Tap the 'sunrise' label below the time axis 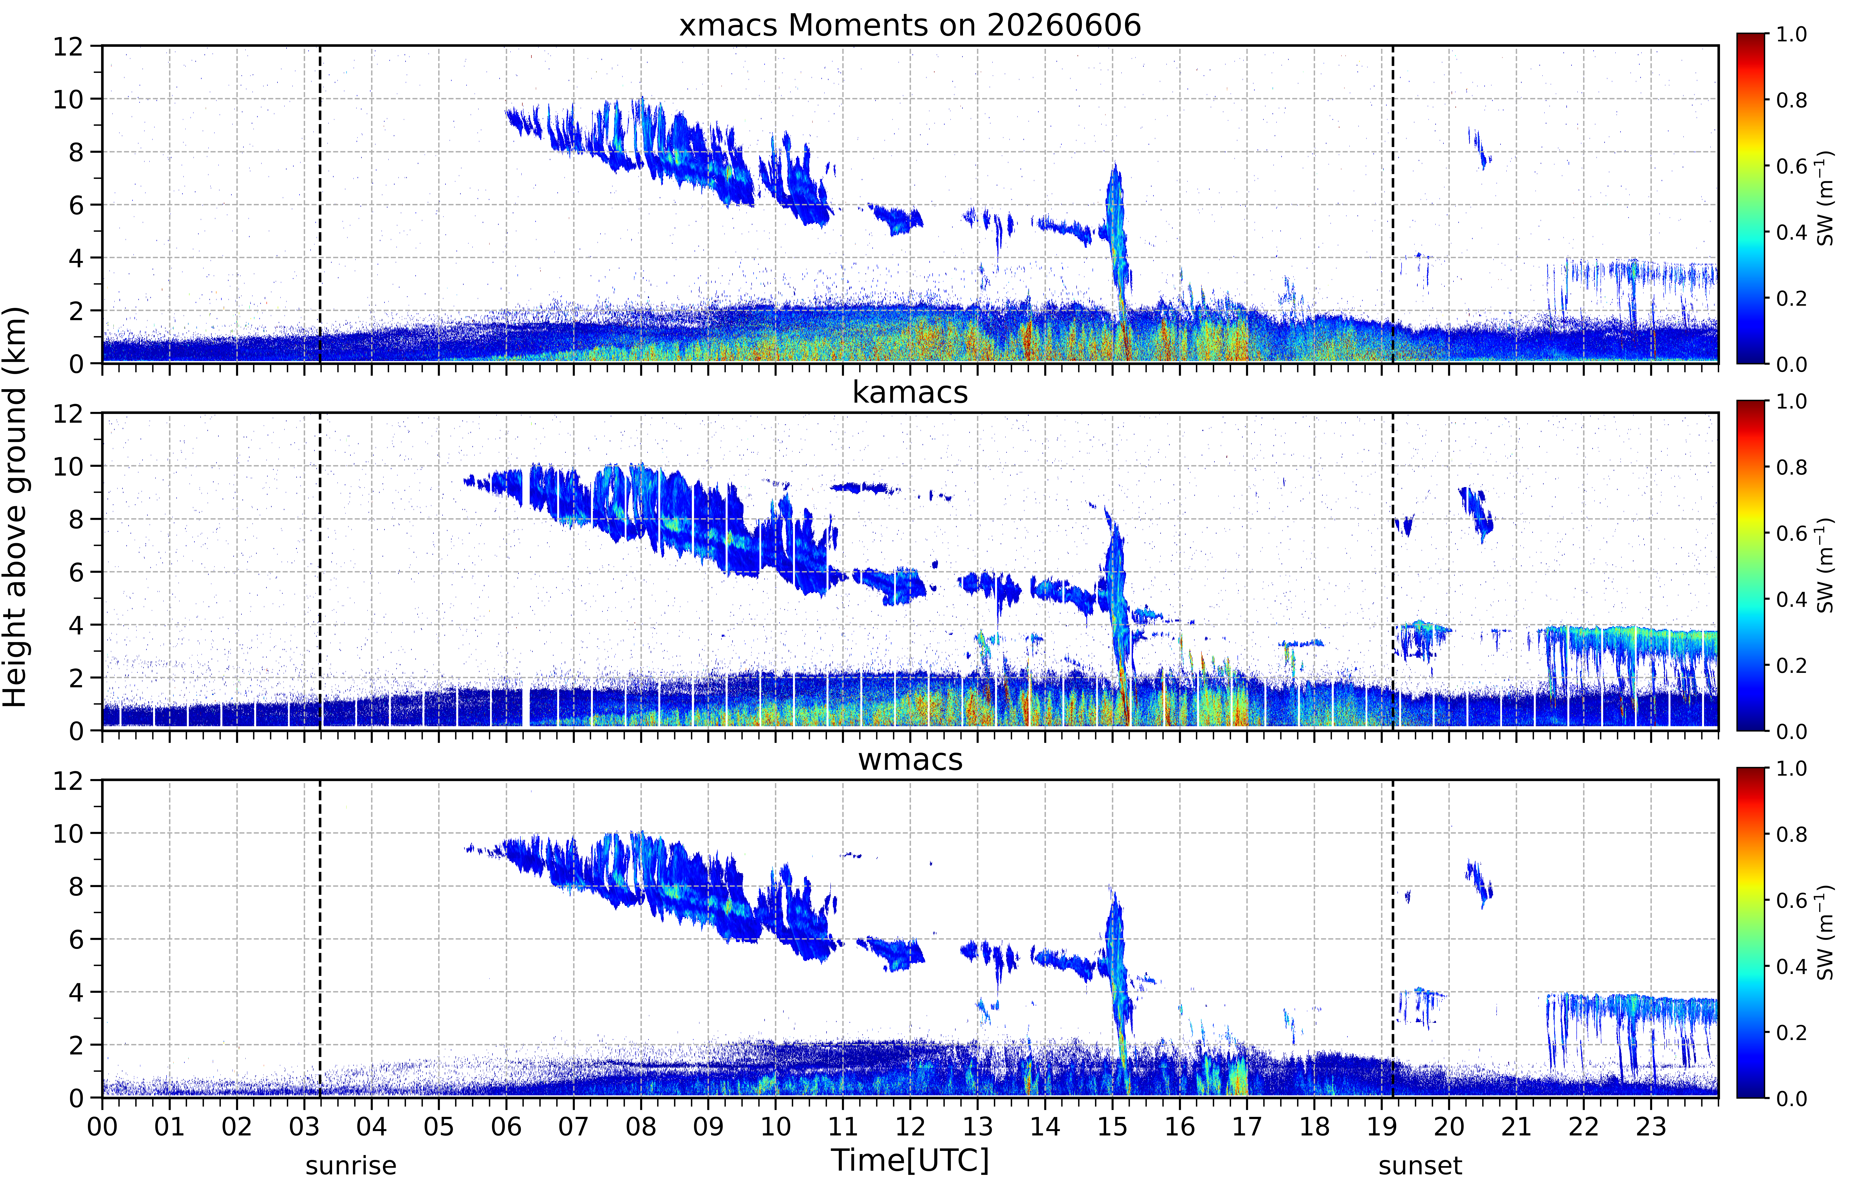351,1165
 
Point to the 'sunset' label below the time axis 1420,1165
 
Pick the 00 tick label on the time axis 102,1126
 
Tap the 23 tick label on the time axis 1651,1126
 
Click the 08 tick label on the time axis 641,1126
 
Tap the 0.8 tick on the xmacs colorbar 1791,100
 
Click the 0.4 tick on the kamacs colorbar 1791,599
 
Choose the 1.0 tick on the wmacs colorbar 1791,769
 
